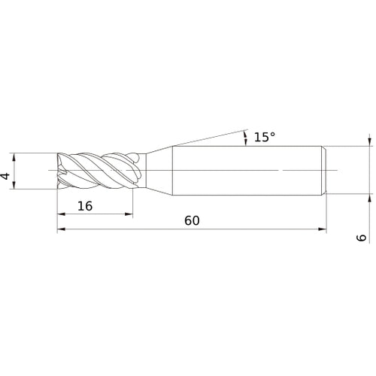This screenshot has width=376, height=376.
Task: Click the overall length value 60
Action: (192, 221)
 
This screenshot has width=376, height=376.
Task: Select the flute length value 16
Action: (85, 205)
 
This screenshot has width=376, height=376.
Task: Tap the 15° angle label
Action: (264, 137)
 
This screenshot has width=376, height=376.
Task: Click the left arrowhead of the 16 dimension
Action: (61, 214)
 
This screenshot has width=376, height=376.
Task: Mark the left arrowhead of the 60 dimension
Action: (61, 230)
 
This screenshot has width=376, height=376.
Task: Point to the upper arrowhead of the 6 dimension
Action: (369, 141)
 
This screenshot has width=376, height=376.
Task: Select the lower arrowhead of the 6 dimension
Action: (369, 201)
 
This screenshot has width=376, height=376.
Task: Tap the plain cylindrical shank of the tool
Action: (248, 171)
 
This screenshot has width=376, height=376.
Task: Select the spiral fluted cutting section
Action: (98, 171)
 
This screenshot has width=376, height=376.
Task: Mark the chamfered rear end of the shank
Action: (324, 171)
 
